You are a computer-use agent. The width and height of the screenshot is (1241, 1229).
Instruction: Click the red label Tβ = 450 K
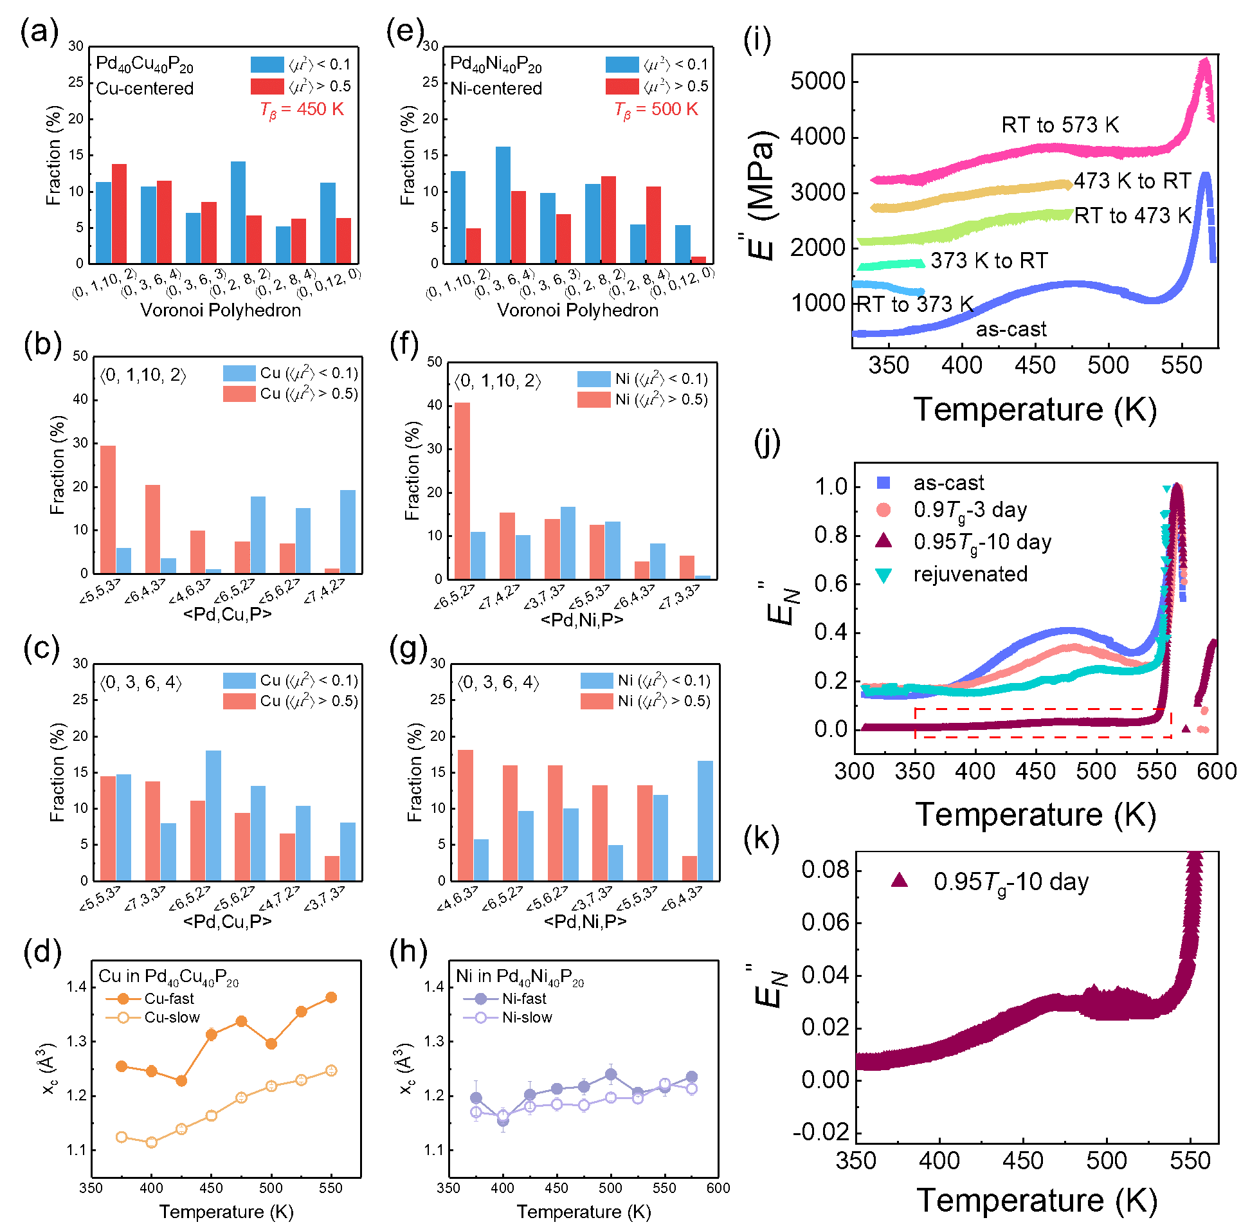[x=302, y=110]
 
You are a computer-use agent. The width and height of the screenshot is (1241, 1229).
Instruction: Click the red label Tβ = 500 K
[x=656, y=110]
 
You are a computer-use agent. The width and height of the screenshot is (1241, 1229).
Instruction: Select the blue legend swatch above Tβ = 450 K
[x=267, y=64]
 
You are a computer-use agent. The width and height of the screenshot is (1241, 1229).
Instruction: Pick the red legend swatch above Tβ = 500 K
[x=622, y=86]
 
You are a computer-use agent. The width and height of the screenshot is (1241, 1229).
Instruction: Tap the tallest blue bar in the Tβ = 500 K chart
[x=503, y=204]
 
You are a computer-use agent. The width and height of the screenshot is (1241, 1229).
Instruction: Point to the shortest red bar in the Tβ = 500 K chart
[x=698, y=259]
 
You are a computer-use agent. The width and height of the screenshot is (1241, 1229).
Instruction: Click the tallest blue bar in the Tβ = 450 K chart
[x=238, y=212]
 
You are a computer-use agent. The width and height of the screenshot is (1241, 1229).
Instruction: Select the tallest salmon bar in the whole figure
[x=462, y=490]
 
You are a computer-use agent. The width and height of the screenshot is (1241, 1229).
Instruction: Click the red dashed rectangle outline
[x=1042, y=709]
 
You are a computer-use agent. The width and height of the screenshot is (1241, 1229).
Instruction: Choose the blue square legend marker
[x=883, y=482]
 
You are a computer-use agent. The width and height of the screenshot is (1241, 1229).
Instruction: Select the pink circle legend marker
[x=883, y=510]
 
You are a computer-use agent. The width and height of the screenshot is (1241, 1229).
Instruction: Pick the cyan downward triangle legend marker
[x=883, y=575]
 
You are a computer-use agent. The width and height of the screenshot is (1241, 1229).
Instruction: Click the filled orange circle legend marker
[x=123, y=999]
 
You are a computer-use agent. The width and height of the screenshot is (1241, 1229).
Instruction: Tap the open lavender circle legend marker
[x=480, y=1017]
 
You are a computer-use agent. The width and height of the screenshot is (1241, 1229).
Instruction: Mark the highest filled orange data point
[x=331, y=997]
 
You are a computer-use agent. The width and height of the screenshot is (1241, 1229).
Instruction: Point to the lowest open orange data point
[x=151, y=1142]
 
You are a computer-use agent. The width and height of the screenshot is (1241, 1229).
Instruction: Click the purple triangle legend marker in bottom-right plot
[x=899, y=880]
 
